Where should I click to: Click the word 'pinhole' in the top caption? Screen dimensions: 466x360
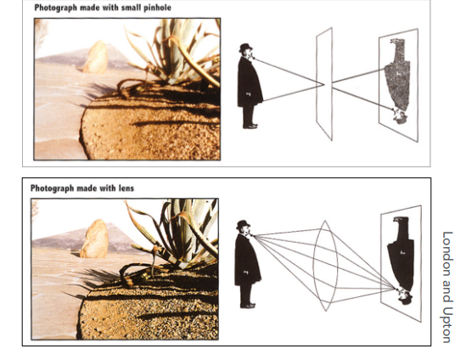pos(157,8)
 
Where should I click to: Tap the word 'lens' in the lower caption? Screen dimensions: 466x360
pos(126,188)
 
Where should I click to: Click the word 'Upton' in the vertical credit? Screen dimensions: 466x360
pos(446,324)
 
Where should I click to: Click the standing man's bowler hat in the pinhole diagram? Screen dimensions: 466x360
pos(245,48)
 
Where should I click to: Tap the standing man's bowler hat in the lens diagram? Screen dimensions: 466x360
pos(243,225)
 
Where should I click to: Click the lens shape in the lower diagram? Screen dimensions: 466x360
pos(325,266)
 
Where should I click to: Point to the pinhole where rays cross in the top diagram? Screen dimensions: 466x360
pos(324,84)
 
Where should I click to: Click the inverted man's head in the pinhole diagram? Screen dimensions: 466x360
pos(400,115)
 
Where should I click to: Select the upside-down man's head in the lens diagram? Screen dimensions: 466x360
pos(404,295)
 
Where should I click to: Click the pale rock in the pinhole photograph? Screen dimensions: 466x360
pos(95,57)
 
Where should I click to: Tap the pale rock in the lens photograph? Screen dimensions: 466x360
pos(94,239)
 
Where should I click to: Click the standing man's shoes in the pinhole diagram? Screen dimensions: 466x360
pos(250,126)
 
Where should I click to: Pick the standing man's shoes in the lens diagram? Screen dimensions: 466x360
pos(248,305)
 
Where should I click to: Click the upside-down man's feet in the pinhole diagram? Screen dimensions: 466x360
pos(397,42)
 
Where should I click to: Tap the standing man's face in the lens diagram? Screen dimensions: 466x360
pos(247,232)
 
